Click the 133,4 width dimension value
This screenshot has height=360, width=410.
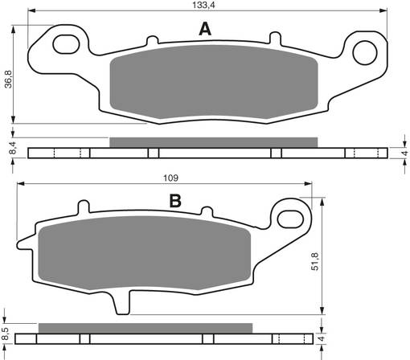[x=203, y=5]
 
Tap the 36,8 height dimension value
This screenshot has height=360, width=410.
[x=9, y=80]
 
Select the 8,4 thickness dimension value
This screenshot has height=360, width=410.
[x=13, y=148]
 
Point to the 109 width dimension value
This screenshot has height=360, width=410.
[x=170, y=178]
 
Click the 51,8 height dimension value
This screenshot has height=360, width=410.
[x=315, y=261]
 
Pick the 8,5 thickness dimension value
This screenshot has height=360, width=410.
[x=5, y=334]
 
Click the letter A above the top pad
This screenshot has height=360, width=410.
[x=205, y=29]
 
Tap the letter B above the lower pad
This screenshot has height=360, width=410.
[x=175, y=201]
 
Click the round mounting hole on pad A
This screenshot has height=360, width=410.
[x=365, y=53]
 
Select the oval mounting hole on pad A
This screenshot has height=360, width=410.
[x=67, y=44]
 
